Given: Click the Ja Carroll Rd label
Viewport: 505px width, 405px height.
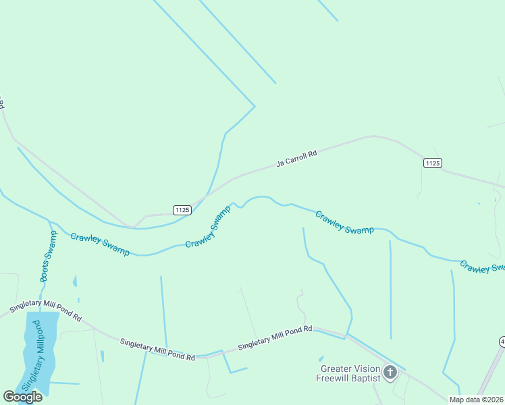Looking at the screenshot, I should pyautogui.click(x=296, y=159).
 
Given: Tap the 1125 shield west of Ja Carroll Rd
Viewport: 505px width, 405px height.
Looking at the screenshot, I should pyautogui.click(x=182, y=210).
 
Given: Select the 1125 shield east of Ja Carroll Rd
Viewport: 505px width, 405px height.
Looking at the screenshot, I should pyautogui.click(x=433, y=163).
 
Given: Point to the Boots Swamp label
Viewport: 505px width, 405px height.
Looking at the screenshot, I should pyautogui.click(x=48, y=256).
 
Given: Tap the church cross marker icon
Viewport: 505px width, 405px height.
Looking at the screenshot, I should pyautogui.click(x=390, y=371).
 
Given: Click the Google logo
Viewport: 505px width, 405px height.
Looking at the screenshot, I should pyautogui.click(x=22, y=396).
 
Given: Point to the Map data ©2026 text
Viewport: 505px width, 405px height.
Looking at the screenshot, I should pyautogui.click(x=476, y=400).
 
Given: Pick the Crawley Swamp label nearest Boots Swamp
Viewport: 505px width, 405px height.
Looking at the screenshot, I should pyautogui.click(x=100, y=244).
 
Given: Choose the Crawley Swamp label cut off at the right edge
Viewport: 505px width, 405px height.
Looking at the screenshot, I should pyautogui.click(x=481, y=267).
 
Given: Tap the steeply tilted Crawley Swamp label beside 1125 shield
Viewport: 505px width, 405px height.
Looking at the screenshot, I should pyautogui.click(x=208, y=226).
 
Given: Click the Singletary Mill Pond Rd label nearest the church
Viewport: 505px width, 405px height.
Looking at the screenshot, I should pyautogui.click(x=275, y=338).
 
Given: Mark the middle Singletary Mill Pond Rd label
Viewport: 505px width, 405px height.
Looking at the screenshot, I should pyautogui.click(x=157, y=348).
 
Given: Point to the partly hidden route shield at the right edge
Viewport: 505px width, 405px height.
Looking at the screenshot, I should pyautogui.click(x=502, y=342).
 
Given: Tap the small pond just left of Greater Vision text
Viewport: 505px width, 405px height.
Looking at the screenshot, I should pyautogui.click(x=321, y=358).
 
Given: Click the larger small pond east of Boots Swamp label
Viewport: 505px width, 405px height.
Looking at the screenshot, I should pyautogui.click(x=74, y=281).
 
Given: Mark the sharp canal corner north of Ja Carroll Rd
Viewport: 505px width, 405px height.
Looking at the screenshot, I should pyautogui.click(x=255, y=106).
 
